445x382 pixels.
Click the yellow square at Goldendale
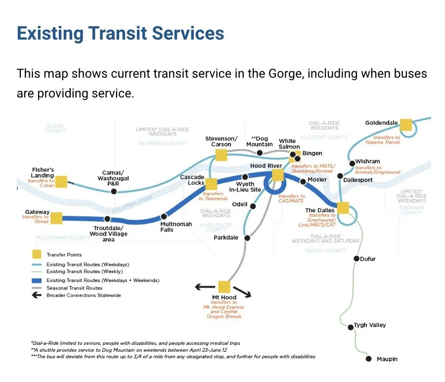(406, 125)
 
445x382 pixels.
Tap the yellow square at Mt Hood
(224, 287)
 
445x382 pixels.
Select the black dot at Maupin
(368, 359)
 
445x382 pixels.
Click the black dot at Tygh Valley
(350, 326)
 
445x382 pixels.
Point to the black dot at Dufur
(356, 258)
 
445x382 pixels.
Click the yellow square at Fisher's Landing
(61, 182)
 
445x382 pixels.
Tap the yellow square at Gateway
(56, 218)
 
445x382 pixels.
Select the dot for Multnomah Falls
(164, 216)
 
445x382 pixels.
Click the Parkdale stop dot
(247, 238)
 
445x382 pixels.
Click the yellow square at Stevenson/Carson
(221, 155)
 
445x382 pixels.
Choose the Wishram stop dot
(352, 163)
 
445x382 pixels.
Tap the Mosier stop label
(317, 180)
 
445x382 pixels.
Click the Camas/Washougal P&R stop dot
(114, 191)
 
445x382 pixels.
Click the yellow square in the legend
(37, 255)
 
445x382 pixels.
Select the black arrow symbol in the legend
(37, 295)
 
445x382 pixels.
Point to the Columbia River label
(133, 206)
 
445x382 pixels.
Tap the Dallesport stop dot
(340, 176)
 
